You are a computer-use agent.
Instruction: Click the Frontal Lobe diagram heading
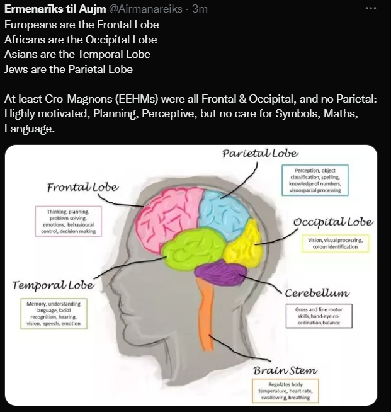pyautogui.click(x=82, y=188)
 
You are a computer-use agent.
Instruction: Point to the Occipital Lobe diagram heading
pyautogui.click(x=333, y=222)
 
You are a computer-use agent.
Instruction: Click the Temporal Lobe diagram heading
pyautogui.click(x=54, y=285)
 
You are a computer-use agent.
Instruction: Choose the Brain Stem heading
pyautogui.click(x=285, y=370)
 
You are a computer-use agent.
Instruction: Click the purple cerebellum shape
pyautogui.click(x=222, y=272)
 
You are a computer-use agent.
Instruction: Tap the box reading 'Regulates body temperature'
pyautogui.click(x=285, y=392)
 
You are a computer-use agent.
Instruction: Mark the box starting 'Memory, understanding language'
pyautogui.click(x=54, y=314)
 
